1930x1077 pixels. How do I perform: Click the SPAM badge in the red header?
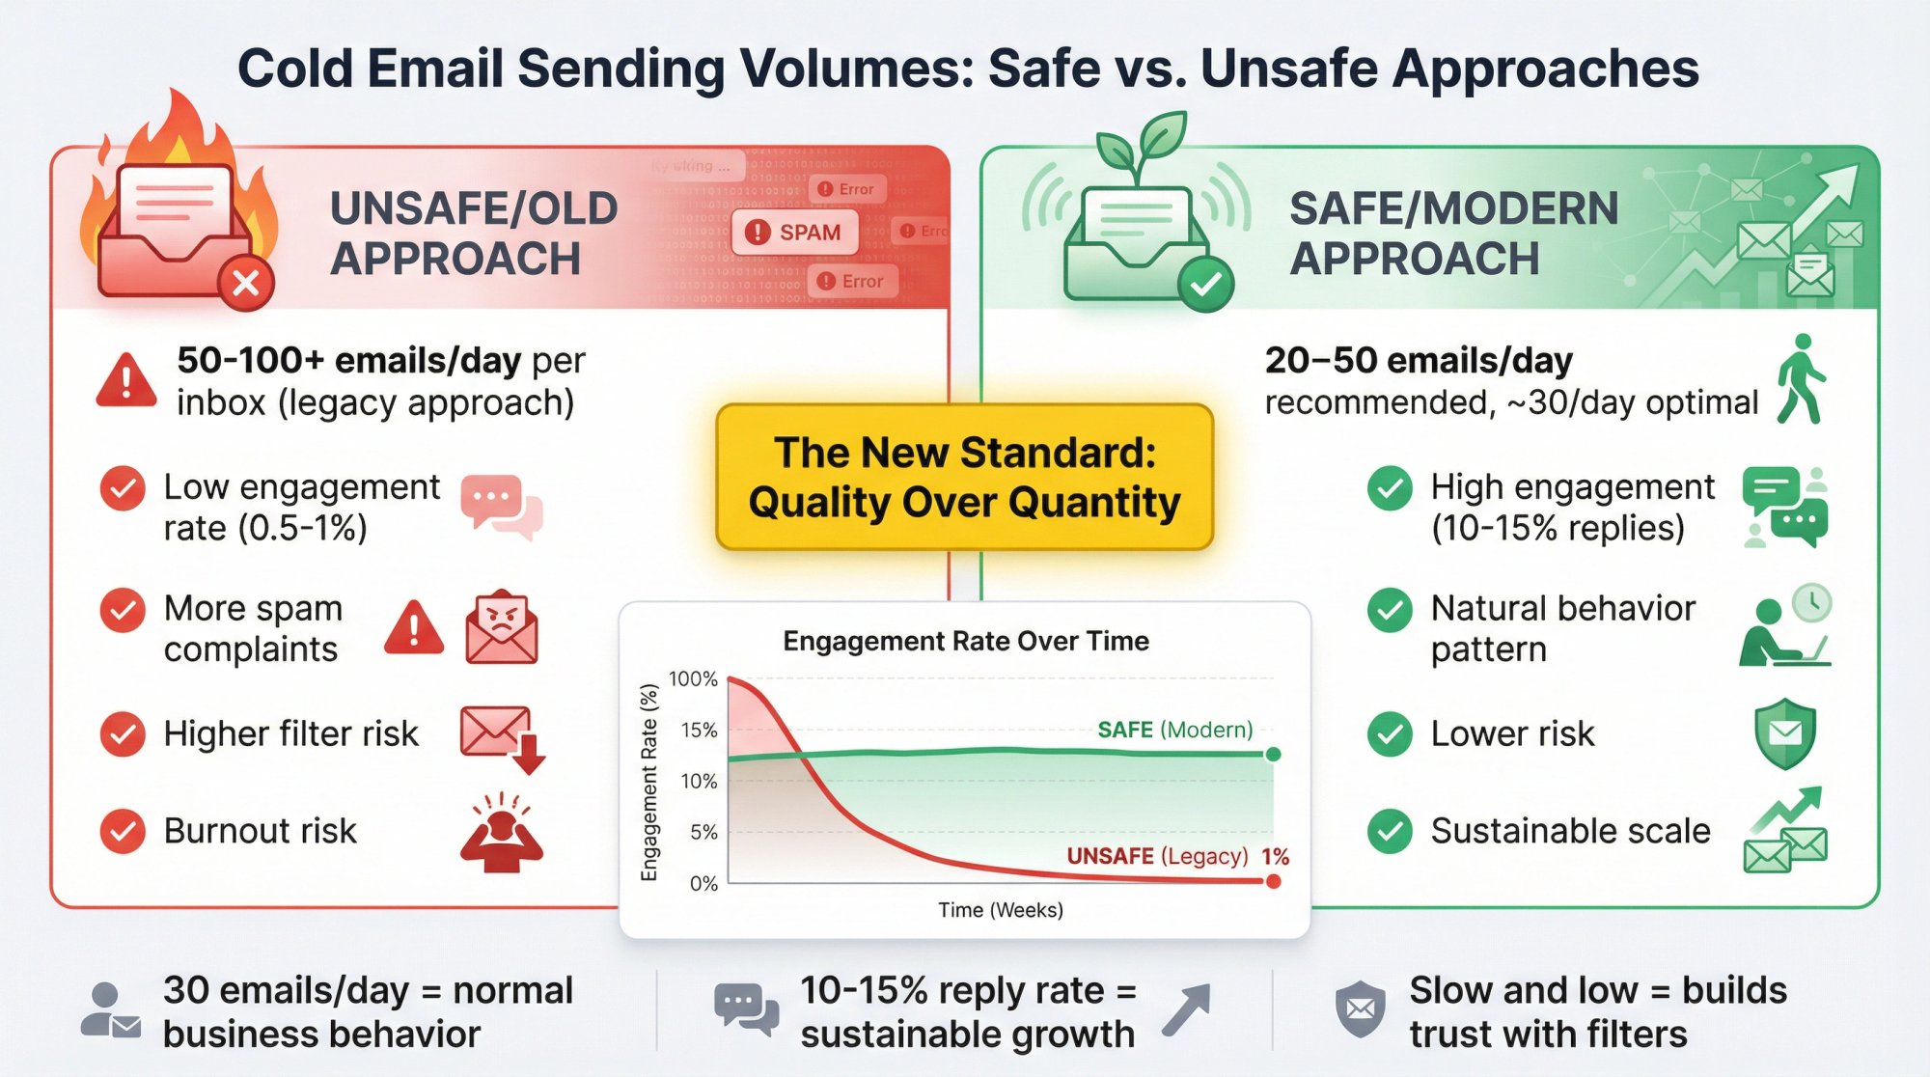(x=794, y=233)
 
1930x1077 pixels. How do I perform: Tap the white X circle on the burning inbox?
(x=246, y=284)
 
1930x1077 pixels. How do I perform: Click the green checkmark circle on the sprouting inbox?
(x=1205, y=284)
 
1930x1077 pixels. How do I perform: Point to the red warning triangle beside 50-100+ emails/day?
(x=126, y=380)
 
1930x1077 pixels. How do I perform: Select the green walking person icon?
(x=1801, y=379)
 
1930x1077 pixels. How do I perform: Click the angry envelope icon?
(x=501, y=627)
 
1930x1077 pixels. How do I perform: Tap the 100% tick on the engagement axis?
(x=693, y=679)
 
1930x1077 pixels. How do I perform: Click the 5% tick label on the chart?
(x=703, y=832)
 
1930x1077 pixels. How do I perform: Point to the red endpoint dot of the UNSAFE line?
(x=1273, y=881)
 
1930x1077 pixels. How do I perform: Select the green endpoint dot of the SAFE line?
(x=1273, y=755)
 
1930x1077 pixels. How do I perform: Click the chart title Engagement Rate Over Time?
(x=965, y=641)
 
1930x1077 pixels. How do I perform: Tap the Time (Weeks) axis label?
(x=1001, y=910)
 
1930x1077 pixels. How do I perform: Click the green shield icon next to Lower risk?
(x=1784, y=734)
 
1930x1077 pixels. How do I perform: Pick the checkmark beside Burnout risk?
(x=123, y=831)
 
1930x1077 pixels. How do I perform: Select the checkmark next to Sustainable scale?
(x=1390, y=831)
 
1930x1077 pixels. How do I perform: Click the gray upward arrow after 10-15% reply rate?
(x=1186, y=1010)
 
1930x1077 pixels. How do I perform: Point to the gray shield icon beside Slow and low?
(x=1360, y=1009)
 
